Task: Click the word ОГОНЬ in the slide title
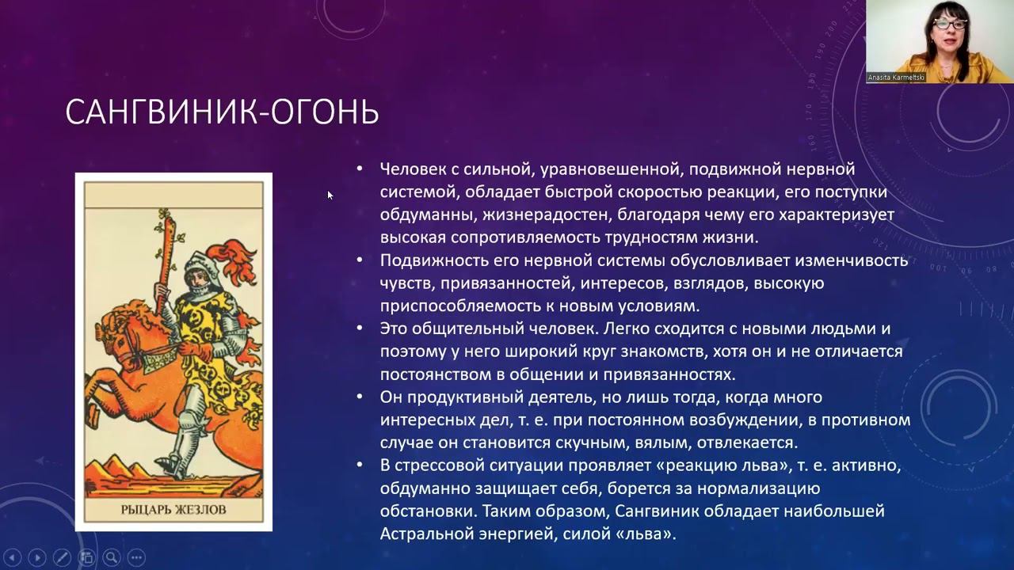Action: pos(325,112)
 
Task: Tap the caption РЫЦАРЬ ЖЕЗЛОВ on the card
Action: pos(173,510)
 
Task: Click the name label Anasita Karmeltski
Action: pos(896,78)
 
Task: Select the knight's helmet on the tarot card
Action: pos(200,272)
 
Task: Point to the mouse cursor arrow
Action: pos(330,196)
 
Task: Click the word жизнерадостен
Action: pos(543,215)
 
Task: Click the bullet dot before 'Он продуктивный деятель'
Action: pos(360,397)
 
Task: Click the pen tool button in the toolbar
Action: pos(62,557)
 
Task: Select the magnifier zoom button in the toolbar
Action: pos(112,557)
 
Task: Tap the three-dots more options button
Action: pos(136,557)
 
